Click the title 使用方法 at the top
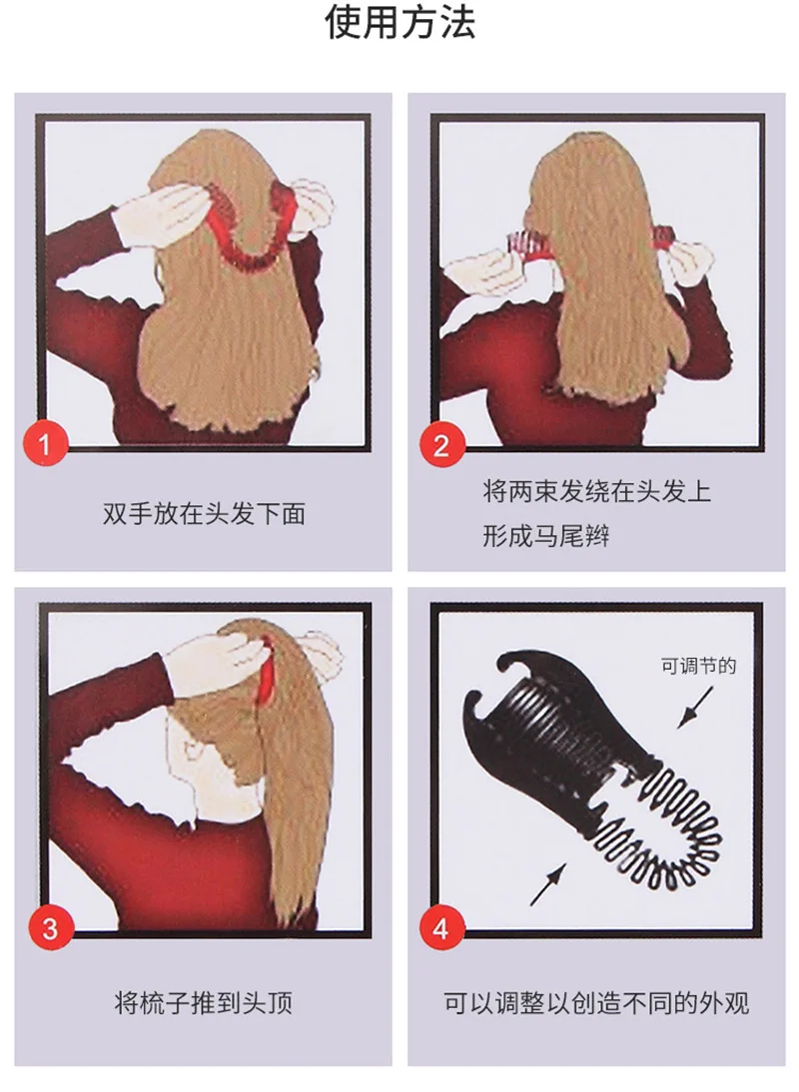click(399, 22)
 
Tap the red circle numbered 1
click(45, 443)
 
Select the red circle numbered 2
click(440, 443)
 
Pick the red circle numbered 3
click(50, 928)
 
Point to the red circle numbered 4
click(440, 928)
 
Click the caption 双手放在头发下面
click(204, 514)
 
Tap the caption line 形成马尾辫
click(546, 536)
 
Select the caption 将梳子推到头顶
click(204, 1003)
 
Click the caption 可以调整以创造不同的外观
click(596, 1003)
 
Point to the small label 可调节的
click(699, 666)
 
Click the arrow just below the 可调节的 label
click(695, 708)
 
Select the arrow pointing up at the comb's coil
click(549, 883)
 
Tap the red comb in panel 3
click(266, 669)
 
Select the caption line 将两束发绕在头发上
click(597, 492)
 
